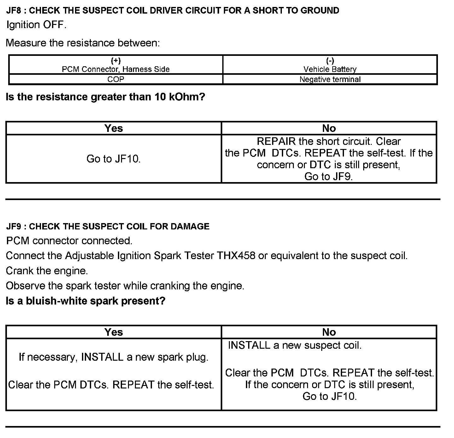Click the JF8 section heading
pos(172,10)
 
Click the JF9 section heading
pos(108,226)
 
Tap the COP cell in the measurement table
pos(116,79)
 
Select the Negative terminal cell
pos(330,79)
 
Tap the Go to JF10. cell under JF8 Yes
pos(113,159)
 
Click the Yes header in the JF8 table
pos(113,128)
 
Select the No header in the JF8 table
pos(329,128)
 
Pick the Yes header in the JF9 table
pos(113,332)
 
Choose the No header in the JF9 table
pos(329,332)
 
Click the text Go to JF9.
pos(329,176)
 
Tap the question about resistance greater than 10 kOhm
pos(105,97)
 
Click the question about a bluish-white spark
pos(85,301)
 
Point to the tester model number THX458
pos(236,255)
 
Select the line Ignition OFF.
pos(36,25)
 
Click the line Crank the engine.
pos(47,270)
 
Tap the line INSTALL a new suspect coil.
pos(294,345)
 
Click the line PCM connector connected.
pos(69,241)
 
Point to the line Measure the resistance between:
pos(83,43)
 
